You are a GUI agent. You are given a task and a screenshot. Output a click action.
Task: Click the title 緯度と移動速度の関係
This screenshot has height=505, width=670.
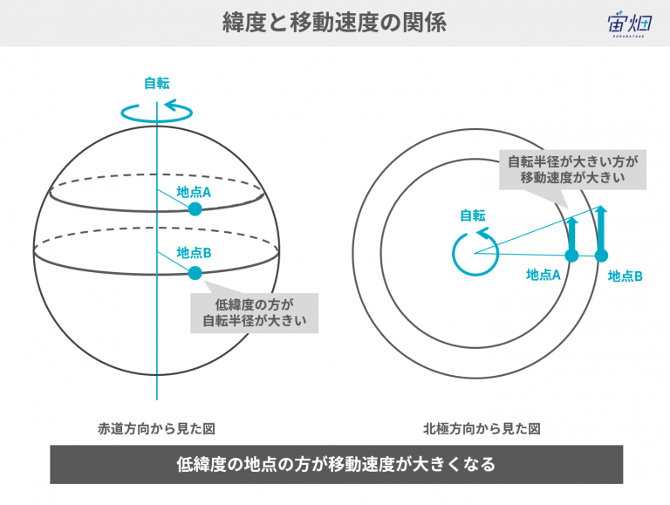(335, 23)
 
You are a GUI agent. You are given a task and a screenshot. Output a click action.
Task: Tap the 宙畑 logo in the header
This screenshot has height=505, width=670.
(629, 24)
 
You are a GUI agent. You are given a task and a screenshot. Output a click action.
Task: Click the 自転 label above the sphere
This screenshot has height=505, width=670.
(157, 83)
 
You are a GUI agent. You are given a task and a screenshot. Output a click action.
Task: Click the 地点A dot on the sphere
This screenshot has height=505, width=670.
(195, 209)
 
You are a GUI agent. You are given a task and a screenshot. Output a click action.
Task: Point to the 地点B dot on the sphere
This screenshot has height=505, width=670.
(195, 273)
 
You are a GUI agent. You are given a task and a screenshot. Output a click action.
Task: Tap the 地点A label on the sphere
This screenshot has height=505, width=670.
(194, 192)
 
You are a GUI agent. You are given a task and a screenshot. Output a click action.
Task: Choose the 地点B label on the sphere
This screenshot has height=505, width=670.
(194, 253)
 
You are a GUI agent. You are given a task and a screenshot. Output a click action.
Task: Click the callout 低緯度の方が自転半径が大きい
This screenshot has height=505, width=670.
(254, 313)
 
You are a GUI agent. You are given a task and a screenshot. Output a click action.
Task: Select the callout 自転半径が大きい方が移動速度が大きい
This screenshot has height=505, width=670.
(572, 169)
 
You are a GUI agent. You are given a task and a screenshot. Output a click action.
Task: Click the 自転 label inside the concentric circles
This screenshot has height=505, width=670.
(473, 215)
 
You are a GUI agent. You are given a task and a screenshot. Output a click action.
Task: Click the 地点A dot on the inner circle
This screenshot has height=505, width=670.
(571, 256)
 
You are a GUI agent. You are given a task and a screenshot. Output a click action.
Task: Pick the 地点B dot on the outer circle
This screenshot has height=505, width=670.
(601, 256)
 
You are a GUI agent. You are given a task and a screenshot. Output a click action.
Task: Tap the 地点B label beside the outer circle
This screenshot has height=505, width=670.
(626, 276)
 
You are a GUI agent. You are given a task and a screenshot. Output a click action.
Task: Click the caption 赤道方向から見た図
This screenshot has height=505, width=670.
(156, 428)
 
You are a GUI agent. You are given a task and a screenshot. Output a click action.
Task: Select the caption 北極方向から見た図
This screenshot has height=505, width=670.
(482, 428)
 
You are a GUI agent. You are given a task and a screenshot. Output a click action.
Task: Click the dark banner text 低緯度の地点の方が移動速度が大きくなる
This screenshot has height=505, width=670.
(336, 464)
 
